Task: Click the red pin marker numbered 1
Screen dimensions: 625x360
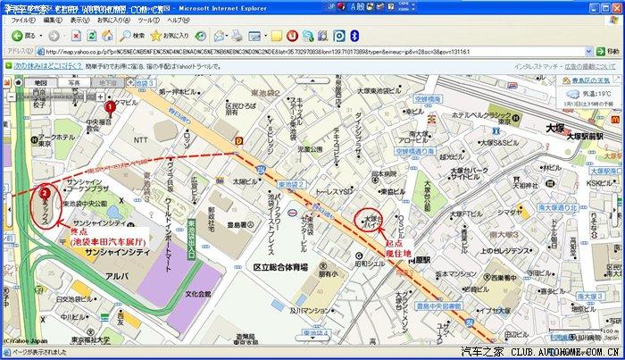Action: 110,107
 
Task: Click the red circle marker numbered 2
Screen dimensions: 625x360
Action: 45,191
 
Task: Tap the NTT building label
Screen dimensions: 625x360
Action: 140,139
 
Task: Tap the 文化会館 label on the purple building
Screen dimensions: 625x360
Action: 198,293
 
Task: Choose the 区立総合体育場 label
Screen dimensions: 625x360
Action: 280,266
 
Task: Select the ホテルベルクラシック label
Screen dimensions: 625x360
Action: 481,115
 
